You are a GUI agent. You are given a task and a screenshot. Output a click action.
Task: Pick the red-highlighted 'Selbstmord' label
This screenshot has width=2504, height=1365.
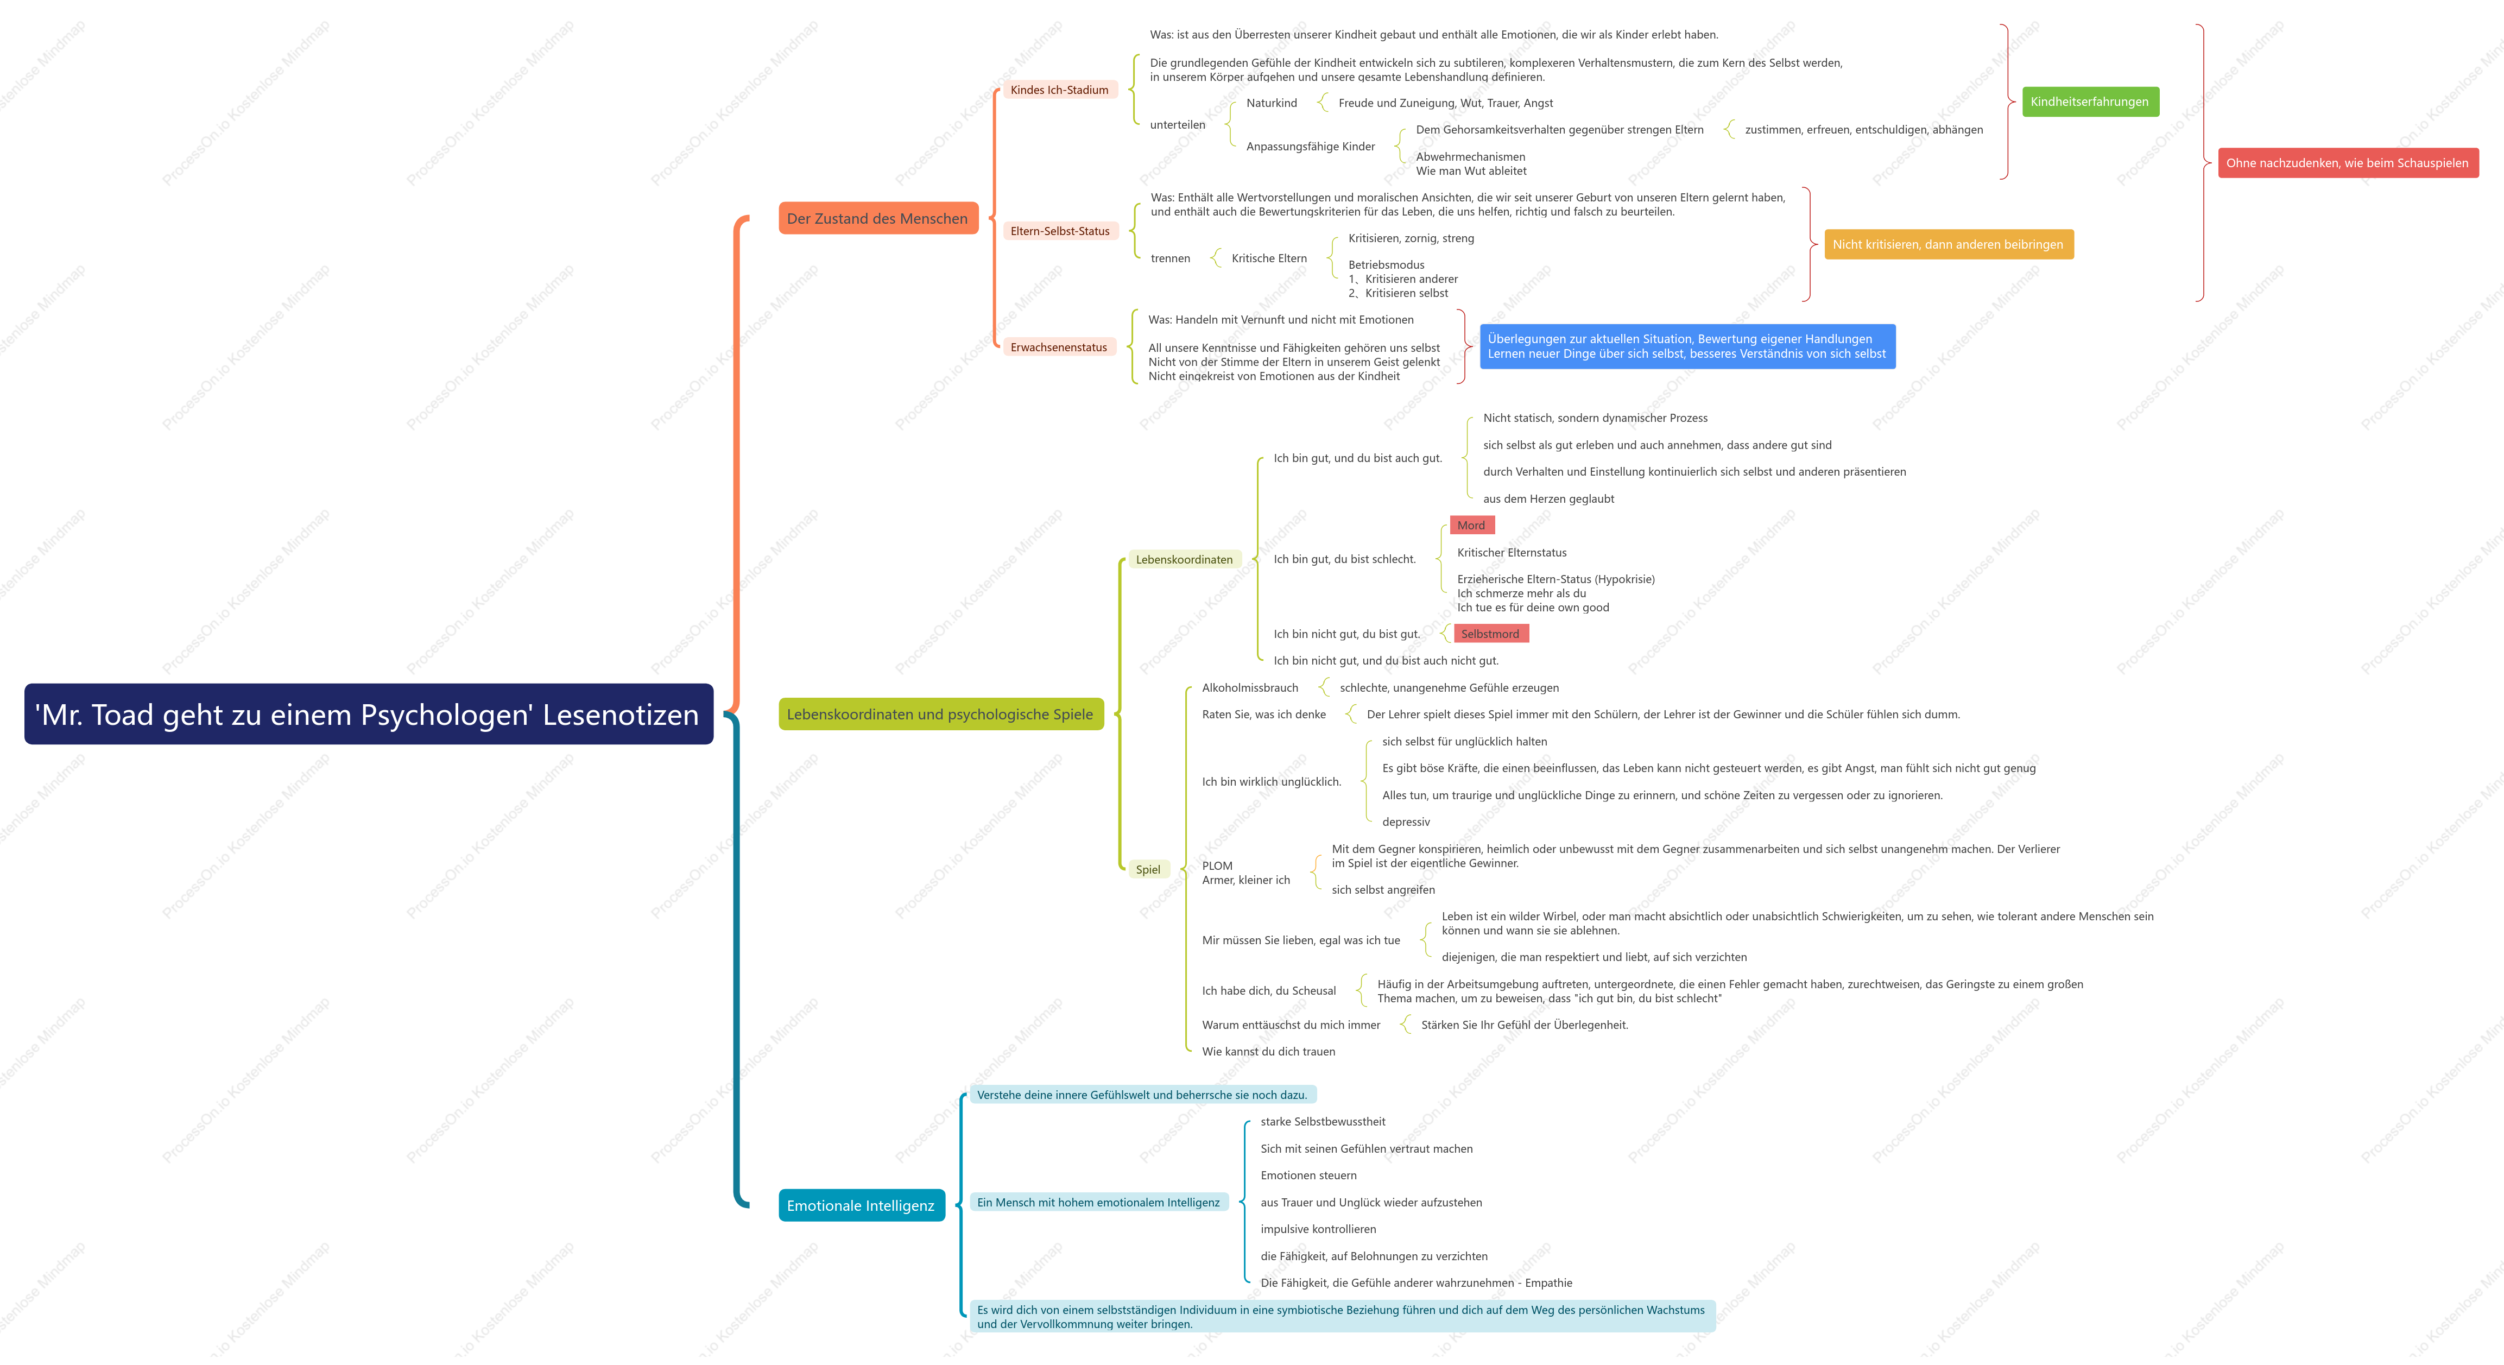pyautogui.click(x=1490, y=634)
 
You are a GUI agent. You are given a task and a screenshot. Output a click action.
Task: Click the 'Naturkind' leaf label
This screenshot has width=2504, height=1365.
pyautogui.click(x=1272, y=103)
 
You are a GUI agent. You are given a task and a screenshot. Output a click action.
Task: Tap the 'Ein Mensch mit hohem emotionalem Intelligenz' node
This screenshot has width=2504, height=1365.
pyautogui.click(x=1098, y=1203)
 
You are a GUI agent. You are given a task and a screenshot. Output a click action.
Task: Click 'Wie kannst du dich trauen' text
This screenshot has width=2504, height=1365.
pyautogui.click(x=1268, y=1052)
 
